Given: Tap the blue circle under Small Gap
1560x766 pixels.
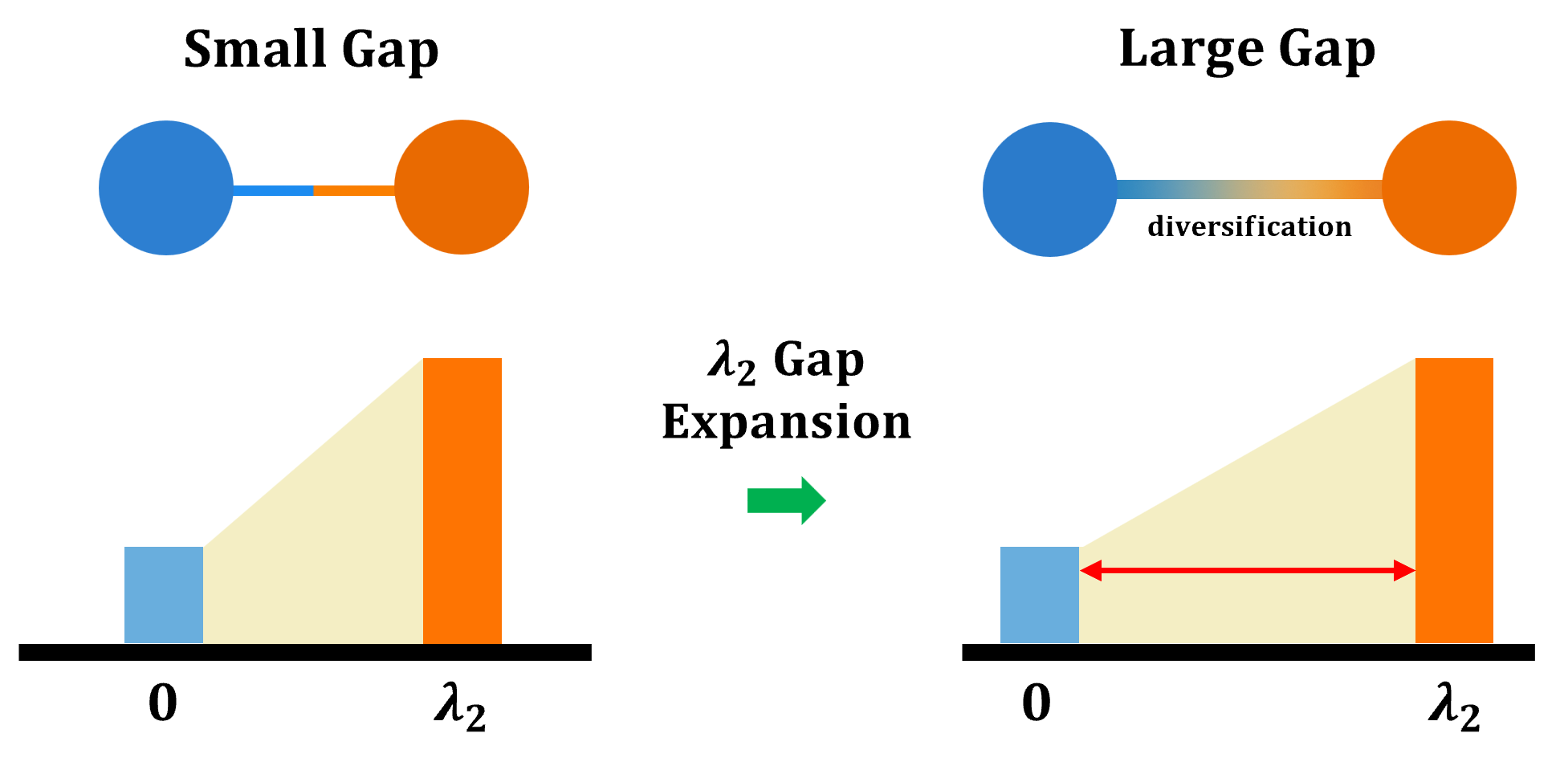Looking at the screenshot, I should (x=166, y=188).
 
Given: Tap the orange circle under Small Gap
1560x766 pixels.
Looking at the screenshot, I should (x=462, y=187).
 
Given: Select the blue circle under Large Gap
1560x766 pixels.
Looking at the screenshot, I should (x=1050, y=189).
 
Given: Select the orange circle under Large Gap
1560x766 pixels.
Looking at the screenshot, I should (x=1449, y=188).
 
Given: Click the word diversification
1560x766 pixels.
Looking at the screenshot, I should (x=1249, y=226).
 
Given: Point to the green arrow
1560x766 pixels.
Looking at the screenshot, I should (x=786, y=500).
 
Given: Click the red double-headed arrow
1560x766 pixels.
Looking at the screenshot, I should (x=1247, y=571).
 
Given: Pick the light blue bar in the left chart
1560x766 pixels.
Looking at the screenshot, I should (x=164, y=595).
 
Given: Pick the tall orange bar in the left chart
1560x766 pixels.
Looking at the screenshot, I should (x=462, y=500).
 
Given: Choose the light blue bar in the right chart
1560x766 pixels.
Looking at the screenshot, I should (x=1040, y=595).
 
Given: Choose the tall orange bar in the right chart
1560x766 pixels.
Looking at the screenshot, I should (x=1454, y=500).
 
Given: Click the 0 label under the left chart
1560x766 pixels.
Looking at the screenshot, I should (x=163, y=703).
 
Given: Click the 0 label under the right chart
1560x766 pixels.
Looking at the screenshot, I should (x=1037, y=703).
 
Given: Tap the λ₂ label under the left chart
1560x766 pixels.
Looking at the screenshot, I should (x=460, y=707).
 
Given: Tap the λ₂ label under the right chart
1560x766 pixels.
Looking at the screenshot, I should (x=1454, y=707).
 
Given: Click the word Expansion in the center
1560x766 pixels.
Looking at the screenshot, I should (x=786, y=422).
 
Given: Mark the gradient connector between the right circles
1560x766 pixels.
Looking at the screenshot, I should (x=1249, y=189).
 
